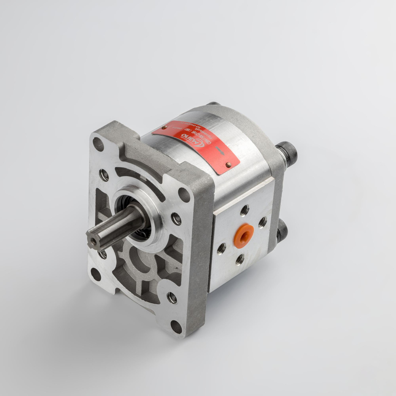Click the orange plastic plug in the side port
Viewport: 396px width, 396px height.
[244, 236]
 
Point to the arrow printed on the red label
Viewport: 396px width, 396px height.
[221, 151]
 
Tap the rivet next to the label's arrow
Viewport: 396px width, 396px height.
[228, 164]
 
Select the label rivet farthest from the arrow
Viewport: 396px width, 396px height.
[165, 128]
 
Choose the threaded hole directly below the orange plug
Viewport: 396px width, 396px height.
[240, 259]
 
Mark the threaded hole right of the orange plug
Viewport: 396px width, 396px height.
[262, 222]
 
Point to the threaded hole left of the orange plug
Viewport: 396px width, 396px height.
[221, 248]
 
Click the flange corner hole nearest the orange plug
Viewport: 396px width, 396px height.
[184, 194]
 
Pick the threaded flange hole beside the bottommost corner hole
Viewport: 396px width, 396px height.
[172, 298]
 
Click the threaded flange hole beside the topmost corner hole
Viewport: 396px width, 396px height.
[104, 174]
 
